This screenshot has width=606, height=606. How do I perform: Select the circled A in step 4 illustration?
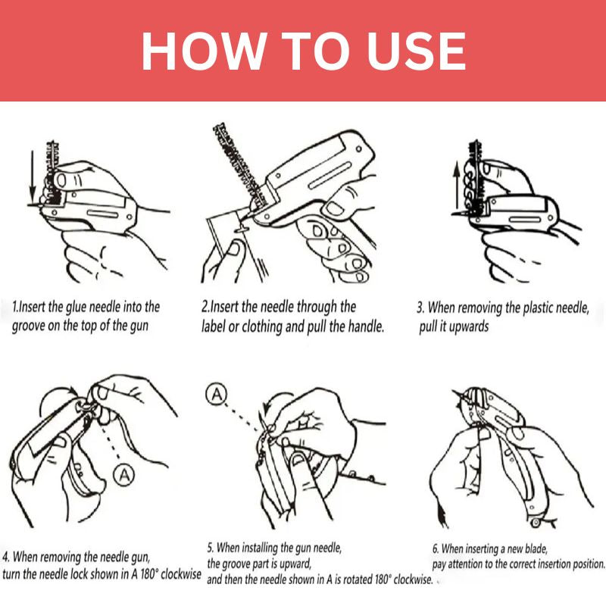(123, 475)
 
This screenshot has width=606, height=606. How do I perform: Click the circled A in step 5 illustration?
(217, 394)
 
